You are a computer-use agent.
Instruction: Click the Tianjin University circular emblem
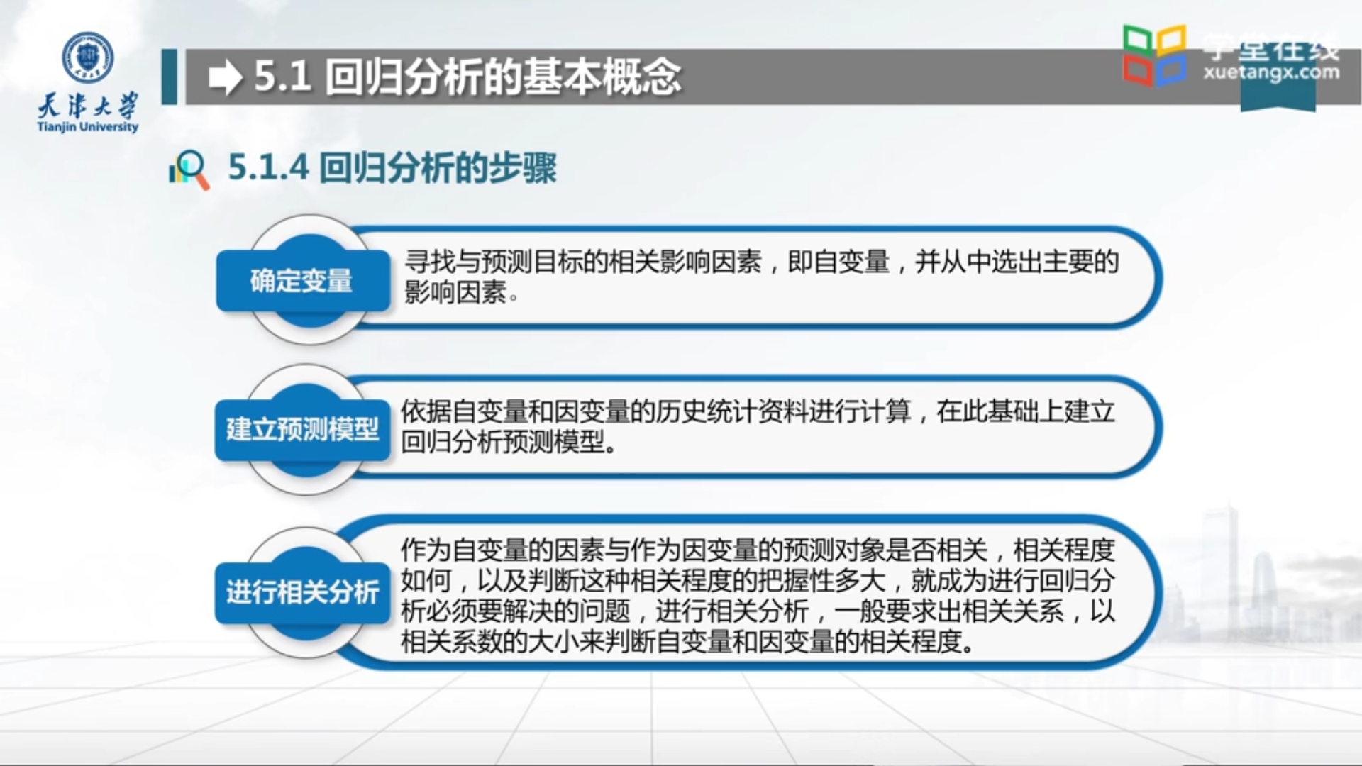tap(88, 57)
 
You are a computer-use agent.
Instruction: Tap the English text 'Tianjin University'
tap(88, 127)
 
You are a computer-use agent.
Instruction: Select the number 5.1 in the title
tap(282, 77)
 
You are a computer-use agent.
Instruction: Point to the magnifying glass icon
tap(189, 170)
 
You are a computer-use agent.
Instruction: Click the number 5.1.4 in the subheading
tap(268, 168)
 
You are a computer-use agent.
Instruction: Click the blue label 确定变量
tap(301, 281)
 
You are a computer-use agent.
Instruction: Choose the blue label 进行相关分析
tap(302, 592)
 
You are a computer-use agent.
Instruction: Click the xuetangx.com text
tap(1271, 72)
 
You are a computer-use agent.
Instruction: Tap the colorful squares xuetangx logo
tap(1154, 55)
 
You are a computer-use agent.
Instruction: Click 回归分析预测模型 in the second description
tap(504, 443)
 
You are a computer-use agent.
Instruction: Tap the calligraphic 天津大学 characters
tap(88, 106)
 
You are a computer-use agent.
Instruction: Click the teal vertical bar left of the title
tap(169, 77)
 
